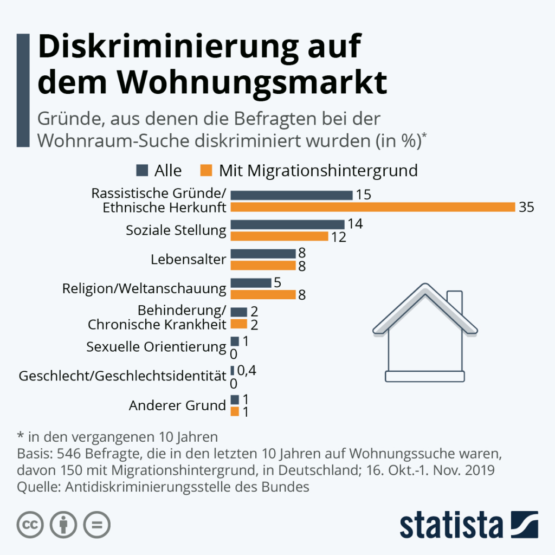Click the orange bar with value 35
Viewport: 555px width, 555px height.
pos(372,207)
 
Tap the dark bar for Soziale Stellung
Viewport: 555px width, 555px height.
pos(287,224)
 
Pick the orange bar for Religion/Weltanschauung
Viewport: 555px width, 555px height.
pos(263,294)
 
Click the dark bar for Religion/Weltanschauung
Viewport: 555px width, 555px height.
pos(250,283)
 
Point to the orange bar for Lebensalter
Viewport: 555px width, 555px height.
pos(263,266)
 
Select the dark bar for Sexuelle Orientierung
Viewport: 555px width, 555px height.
pos(235,341)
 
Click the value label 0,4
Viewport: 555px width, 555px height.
pos(247,370)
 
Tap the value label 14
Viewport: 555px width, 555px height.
pos(356,224)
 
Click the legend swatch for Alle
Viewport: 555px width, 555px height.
pos(143,171)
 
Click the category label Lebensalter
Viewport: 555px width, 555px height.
pos(188,259)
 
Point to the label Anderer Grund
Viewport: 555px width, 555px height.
pos(177,405)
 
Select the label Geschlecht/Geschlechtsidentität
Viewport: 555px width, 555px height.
pos(122,376)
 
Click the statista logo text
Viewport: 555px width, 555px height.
pos(451,525)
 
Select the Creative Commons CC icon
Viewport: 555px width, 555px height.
pos(30,524)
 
